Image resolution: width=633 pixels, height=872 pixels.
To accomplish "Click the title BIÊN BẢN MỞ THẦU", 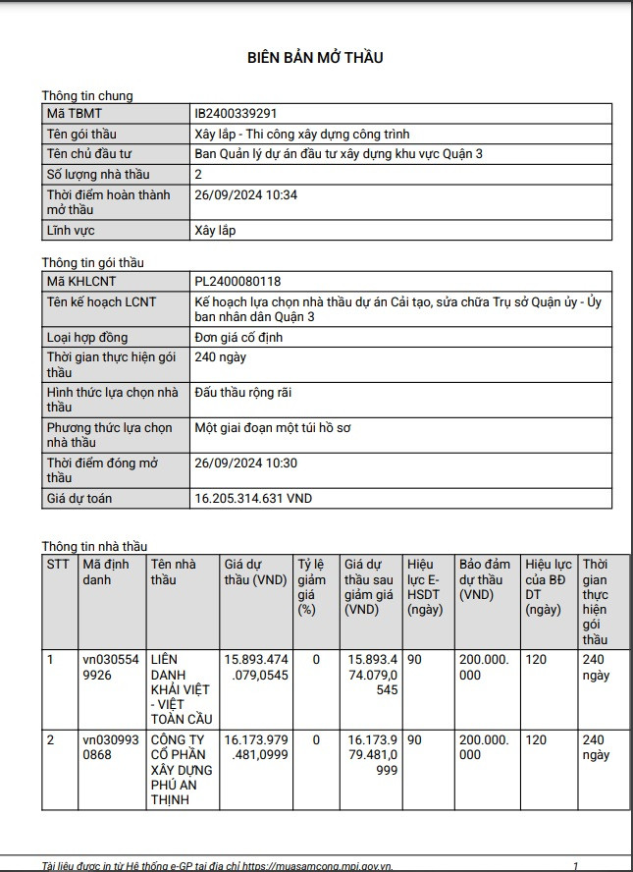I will [314, 58].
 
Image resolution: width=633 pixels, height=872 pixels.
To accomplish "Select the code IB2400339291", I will [242, 114].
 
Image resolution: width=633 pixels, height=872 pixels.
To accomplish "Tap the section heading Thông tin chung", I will [86, 95].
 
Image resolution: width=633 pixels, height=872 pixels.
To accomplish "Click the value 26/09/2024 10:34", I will [246, 195].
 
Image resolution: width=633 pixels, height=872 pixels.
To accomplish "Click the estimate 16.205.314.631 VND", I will [253, 499].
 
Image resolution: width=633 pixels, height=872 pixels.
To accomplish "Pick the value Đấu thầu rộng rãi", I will [243, 393].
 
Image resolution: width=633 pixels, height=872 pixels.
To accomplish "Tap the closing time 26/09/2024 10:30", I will [246, 463].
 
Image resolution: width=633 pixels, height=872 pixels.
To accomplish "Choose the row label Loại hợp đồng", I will [93, 338].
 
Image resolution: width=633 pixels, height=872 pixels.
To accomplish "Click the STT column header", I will [58, 565].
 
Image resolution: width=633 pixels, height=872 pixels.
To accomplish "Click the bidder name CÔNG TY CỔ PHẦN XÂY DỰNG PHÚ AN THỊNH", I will [181, 769].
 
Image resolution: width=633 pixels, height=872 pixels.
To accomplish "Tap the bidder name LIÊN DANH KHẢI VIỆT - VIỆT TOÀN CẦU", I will [181, 689].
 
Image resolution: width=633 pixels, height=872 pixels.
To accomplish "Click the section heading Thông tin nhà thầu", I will [94, 546].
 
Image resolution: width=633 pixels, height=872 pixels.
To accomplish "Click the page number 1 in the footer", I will [575, 866].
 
